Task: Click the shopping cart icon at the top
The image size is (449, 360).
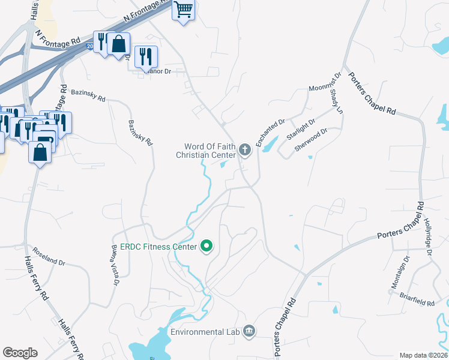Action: pos(184,10)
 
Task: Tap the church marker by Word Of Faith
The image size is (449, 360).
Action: pos(244,149)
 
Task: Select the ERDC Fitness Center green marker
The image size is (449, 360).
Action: pos(207,247)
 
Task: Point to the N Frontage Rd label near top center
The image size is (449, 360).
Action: pos(144,12)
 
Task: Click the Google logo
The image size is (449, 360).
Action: pos(20,353)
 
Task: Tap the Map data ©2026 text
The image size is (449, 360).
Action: pos(423,355)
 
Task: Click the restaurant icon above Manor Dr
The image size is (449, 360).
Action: pos(146,56)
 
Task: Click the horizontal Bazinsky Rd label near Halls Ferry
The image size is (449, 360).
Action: pos(88,95)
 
